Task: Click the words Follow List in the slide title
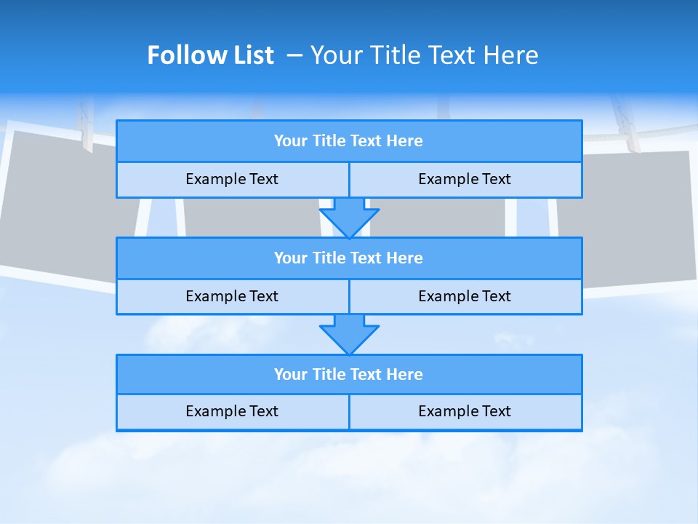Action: pos(210,55)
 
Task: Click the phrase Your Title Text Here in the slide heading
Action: pos(425,55)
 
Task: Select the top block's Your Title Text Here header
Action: pos(348,141)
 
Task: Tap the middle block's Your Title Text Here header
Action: pos(348,258)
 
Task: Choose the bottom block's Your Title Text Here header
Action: pos(348,374)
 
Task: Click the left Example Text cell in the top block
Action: pos(232,179)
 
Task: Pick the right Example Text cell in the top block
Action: pos(465,179)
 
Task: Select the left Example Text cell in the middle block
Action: pos(232,296)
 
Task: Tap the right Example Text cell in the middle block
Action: pos(465,296)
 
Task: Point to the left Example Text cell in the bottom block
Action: pos(232,411)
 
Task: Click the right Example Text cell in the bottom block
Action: pos(465,411)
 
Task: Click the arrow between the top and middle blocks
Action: pos(349,218)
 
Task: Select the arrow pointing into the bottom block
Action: pos(349,334)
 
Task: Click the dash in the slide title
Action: pos(295,55)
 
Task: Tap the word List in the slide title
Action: pos(250,55)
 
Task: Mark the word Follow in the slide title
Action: pos(183,55)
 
